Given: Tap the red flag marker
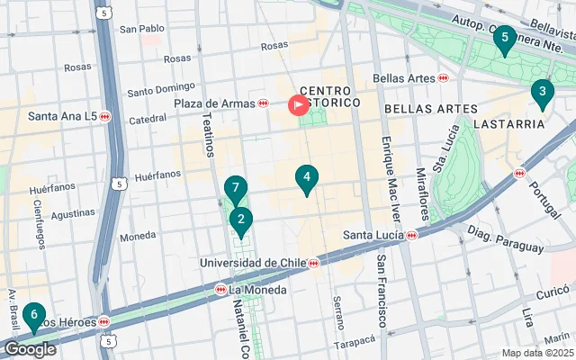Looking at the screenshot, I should [298, 105].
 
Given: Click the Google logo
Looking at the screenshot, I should [30, 349].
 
